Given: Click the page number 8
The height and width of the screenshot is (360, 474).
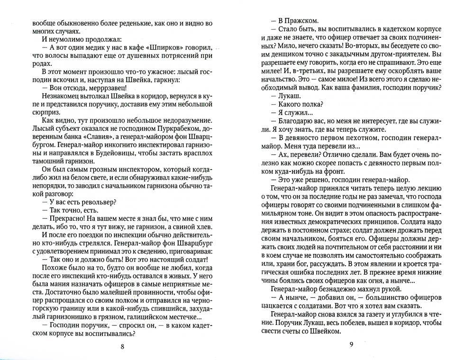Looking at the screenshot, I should (122, 346).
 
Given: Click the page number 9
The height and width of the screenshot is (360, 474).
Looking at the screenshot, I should (351, 344).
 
